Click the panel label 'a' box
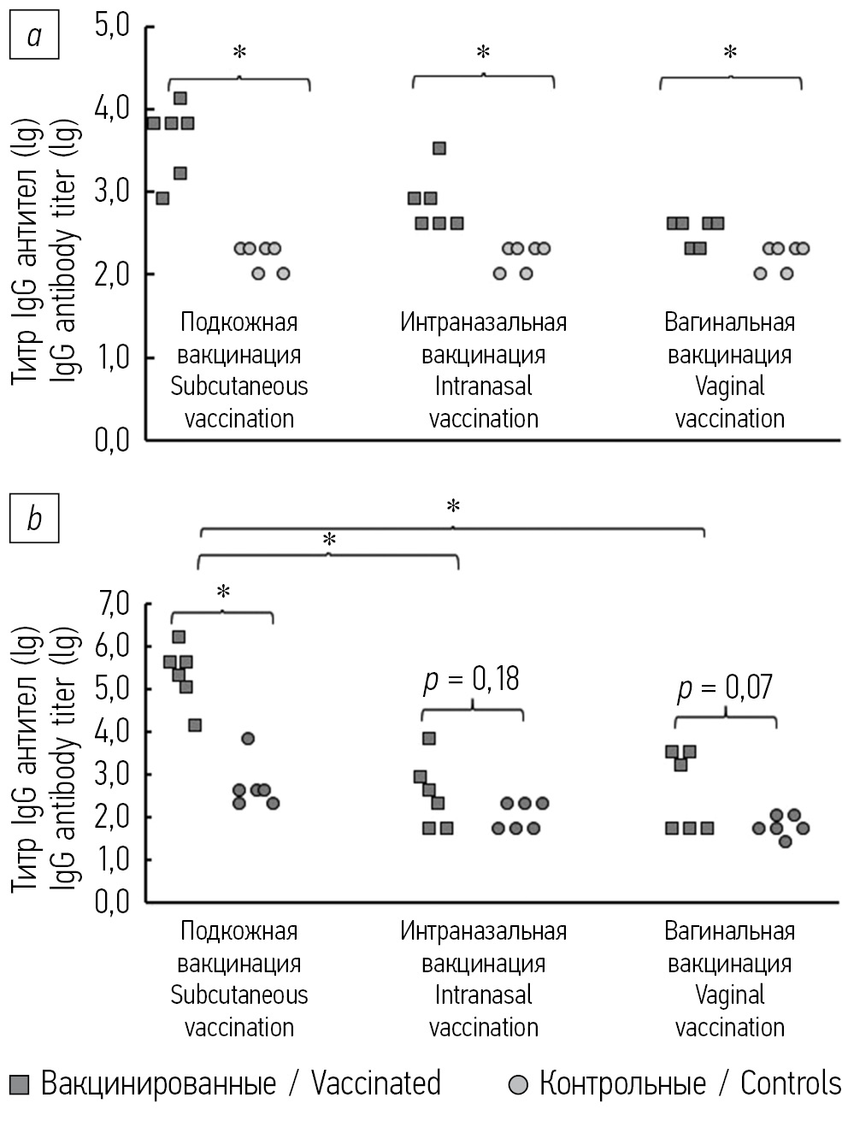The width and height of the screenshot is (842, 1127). [x=34, y=35]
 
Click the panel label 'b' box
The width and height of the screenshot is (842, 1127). [x=34, y=517]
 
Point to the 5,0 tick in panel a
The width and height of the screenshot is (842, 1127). [x=112, y=27]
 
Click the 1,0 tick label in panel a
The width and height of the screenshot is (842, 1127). [x=112, y=357]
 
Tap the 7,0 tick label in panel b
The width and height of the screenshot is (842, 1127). [x=112, y=605]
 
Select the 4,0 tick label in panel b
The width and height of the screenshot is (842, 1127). [x=112, y=732]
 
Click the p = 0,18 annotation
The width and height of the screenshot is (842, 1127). [x=472, y=680]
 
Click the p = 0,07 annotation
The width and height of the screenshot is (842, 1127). [x=725, y=687]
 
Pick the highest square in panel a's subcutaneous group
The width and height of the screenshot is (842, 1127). [x=180, y=98]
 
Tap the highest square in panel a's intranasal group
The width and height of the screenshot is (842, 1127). [x=439, y=148]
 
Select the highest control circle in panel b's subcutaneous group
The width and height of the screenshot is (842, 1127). [x=248, y=739]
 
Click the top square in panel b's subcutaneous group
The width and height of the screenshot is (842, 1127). [x=179, y=637]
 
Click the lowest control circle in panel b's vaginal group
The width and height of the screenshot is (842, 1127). [x=785, y=841]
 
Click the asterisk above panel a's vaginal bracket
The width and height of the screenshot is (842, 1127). [x=730, y=53]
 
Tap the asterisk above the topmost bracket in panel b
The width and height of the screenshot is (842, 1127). [x=453, y=506]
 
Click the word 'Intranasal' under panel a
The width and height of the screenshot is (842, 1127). [x=483, y=386]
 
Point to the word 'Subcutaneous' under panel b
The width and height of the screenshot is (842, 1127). [x=239, y=995]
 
